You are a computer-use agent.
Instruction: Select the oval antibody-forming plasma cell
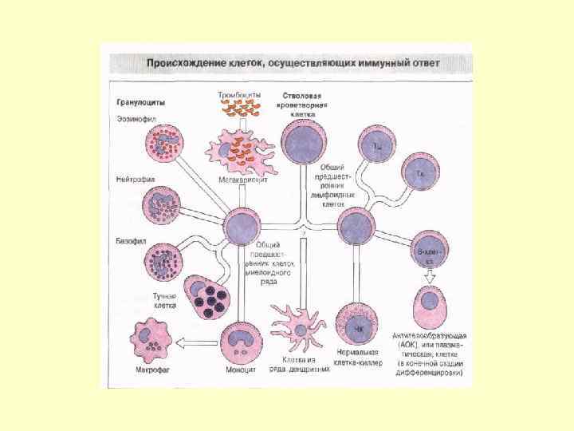[431, 304]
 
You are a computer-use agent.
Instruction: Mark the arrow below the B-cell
[430, 276]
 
